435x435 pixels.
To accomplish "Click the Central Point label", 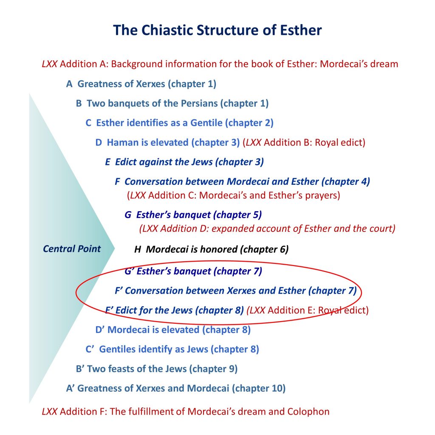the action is click(72, 249).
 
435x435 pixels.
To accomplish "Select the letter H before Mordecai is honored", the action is click(138, 249).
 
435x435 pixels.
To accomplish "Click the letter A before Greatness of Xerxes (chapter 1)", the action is click(69, 84).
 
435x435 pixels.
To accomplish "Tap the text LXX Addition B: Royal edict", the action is click(304, 142).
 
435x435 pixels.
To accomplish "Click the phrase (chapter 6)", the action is click(264, 249).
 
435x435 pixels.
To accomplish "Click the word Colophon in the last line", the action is click(308, 411).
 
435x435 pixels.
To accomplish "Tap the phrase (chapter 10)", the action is click(259, 388).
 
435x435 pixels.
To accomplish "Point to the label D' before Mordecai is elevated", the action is click(100, 330).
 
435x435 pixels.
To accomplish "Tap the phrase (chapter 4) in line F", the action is click(346, 181).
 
